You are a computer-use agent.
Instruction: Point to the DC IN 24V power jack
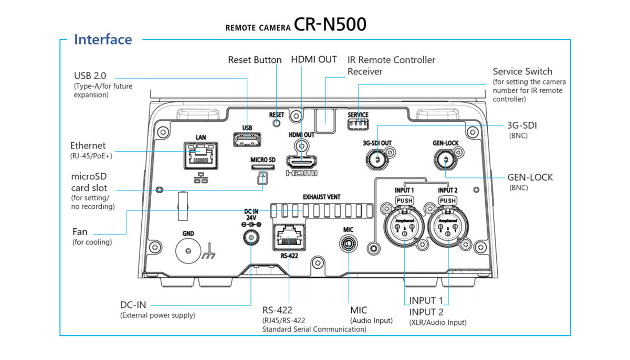point(251,239)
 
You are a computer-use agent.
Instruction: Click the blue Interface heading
point(103,40)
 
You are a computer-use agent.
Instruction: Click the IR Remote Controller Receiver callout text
point(391,65)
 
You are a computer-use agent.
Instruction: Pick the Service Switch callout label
point(522,71)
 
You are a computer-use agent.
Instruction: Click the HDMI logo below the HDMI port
point(302,173)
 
